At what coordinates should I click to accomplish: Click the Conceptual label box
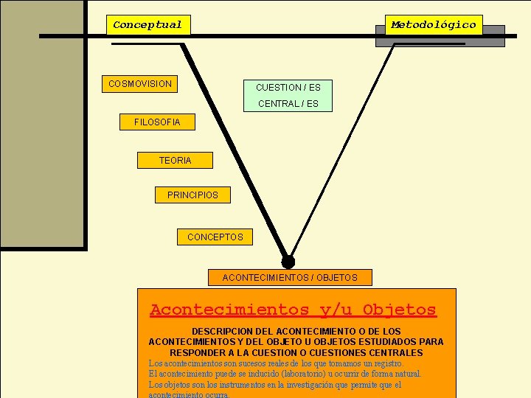coord(147,25)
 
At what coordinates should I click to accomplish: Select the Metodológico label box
coord(434,25)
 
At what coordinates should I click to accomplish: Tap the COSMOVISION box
coord(140,84)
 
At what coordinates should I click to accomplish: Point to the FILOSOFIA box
coord(157,122)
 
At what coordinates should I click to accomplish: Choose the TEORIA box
coord(175,160)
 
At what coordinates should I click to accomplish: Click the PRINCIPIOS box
coord(192,195)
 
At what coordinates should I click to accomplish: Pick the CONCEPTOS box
coord(215,237)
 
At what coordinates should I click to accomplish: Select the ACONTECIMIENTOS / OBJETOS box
coord(290,278)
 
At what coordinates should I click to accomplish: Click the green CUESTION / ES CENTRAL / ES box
coord(288,96)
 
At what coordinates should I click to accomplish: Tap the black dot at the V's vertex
coord(288,261)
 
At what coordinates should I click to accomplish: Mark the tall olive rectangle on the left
coord(42,125)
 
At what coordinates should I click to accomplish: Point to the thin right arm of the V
coord(343,147)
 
